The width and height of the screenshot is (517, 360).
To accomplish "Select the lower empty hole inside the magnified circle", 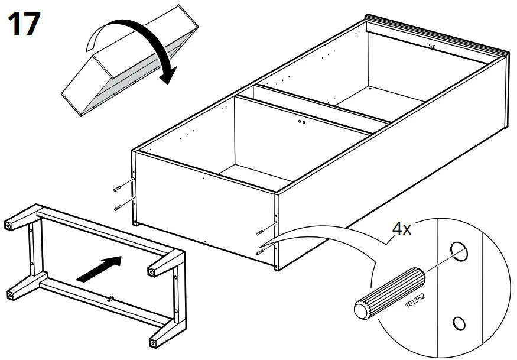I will [459, 323].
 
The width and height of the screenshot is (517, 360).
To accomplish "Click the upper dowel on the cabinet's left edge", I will [118, 187].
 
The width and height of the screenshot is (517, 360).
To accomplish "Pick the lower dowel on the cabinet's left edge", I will [119, 206].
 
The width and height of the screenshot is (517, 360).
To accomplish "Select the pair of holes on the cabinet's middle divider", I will [301, 122].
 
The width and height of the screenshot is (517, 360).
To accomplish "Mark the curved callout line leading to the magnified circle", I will [319, 232].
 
